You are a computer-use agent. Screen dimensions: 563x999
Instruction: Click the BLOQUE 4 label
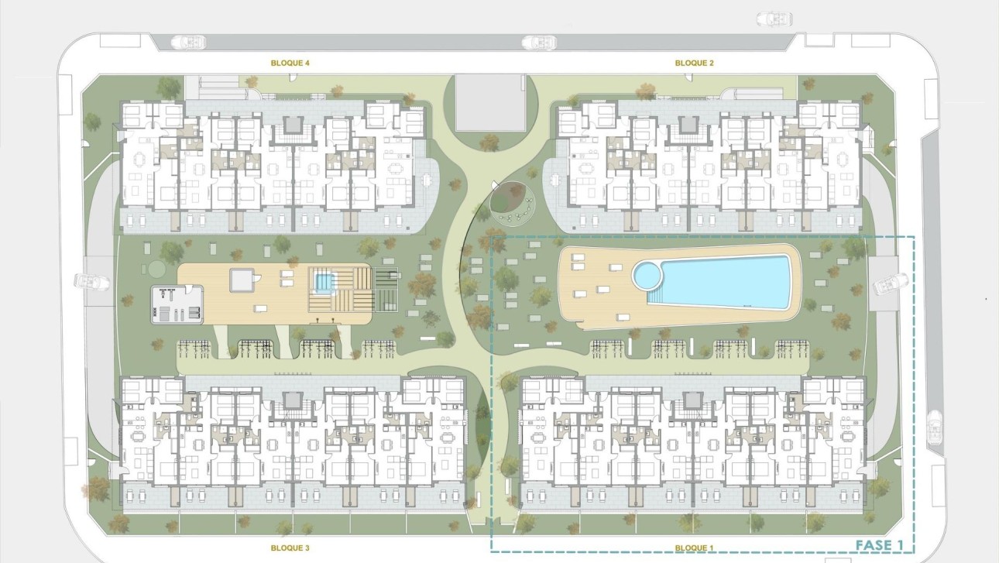290,64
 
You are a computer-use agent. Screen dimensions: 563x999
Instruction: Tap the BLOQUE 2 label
694,64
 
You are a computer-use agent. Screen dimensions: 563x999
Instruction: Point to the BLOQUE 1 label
694,548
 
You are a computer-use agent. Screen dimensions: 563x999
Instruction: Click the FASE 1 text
879,546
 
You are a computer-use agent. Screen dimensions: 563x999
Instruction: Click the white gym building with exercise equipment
177,305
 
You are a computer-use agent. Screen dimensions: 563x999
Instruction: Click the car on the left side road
88,281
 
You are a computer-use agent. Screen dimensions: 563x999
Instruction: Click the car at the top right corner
774,18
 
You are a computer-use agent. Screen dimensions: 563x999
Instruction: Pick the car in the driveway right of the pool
889,286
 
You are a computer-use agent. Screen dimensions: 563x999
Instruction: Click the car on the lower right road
935,427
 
